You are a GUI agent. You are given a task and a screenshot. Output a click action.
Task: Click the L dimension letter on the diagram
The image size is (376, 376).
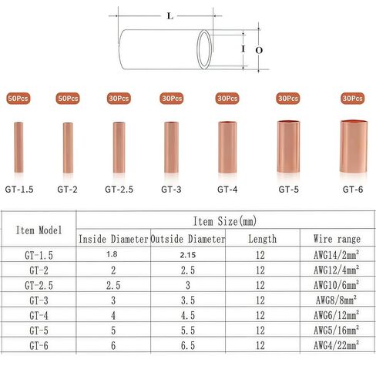pyautogui.click(x=170, y=16)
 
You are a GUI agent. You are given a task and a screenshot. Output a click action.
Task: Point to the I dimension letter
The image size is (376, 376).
pyautogui.click(x=243, y=49)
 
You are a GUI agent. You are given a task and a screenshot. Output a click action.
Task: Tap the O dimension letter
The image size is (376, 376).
pyautogui.click(x=259, y=50)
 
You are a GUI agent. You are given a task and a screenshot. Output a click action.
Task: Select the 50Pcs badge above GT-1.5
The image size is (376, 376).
pyautogui.click(x=18, y=99)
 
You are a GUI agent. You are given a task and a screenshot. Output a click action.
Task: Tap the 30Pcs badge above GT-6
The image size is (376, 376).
pyautogui.click(x=352, y=99)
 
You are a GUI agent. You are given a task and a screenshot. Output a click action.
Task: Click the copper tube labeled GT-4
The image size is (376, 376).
pyautogui.click(x=227, y=147)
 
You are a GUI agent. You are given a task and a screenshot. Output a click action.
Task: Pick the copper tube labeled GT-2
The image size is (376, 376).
pyautogui.click(x=68, y=148)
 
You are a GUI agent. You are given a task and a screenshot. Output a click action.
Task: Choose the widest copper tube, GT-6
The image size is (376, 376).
pyautogui.click(x=354, y=146)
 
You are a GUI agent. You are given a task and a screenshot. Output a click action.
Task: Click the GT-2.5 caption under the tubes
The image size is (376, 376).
pyautogui.click(x=119, y=190)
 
